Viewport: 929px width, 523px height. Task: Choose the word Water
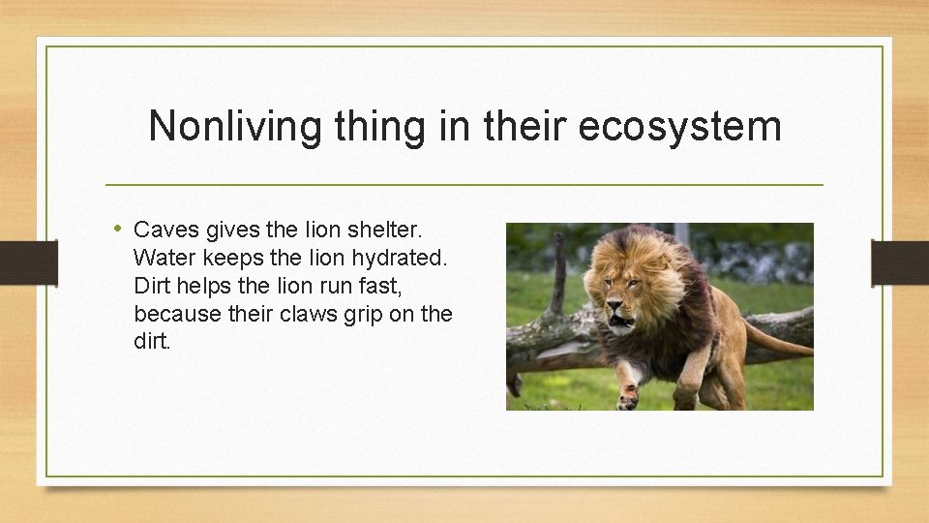(x=164, y=259)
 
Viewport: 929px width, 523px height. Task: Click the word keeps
(x=231, y=259)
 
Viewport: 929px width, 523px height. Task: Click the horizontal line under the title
(x=464, y=184)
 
